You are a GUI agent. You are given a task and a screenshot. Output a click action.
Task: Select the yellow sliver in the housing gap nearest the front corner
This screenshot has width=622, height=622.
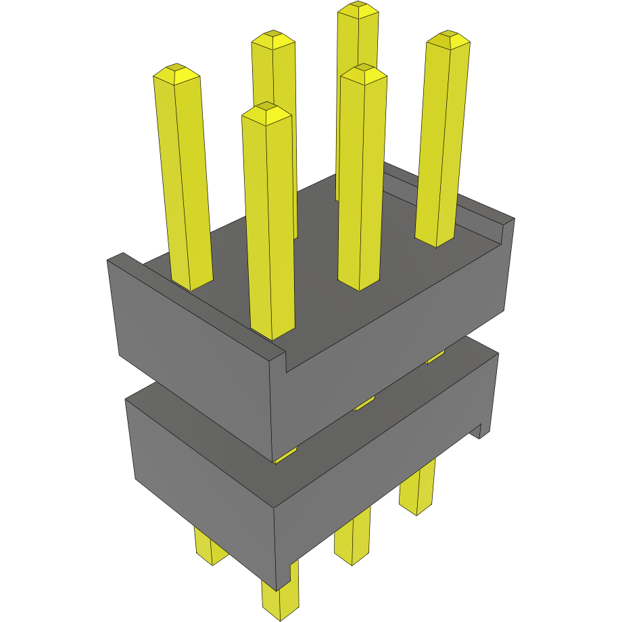(285, 456)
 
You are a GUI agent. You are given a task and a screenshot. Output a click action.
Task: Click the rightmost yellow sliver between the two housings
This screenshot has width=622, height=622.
(436, 356)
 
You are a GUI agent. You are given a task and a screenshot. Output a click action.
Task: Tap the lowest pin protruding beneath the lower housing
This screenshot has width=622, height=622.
(279, 602)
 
